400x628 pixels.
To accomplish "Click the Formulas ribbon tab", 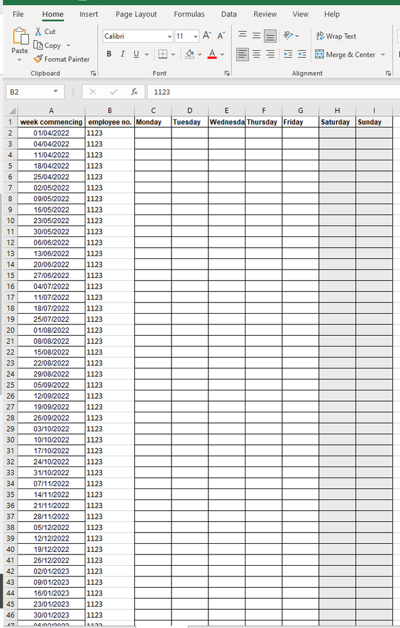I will tap(189, 14).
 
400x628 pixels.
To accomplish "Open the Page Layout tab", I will tap(136, 14).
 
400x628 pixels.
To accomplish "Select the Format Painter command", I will tap(62, 59).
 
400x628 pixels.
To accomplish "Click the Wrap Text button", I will tap(336, 36).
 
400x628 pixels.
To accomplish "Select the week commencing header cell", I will tap(51, 122).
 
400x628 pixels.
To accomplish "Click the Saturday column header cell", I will tap(337, 122).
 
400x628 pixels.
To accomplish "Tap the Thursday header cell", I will tap(262, 122).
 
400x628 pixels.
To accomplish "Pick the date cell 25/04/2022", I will tap(51, 177).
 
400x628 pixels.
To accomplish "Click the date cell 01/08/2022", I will tap(51, 330).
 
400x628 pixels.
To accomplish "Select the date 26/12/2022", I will tap(51, 560).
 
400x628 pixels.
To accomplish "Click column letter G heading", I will tap(300, 111).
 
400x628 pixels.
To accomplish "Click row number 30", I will tap(11, 440).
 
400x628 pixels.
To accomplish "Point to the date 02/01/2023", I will tap(51, 571).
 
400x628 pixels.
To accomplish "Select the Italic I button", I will tap(122, 54).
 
